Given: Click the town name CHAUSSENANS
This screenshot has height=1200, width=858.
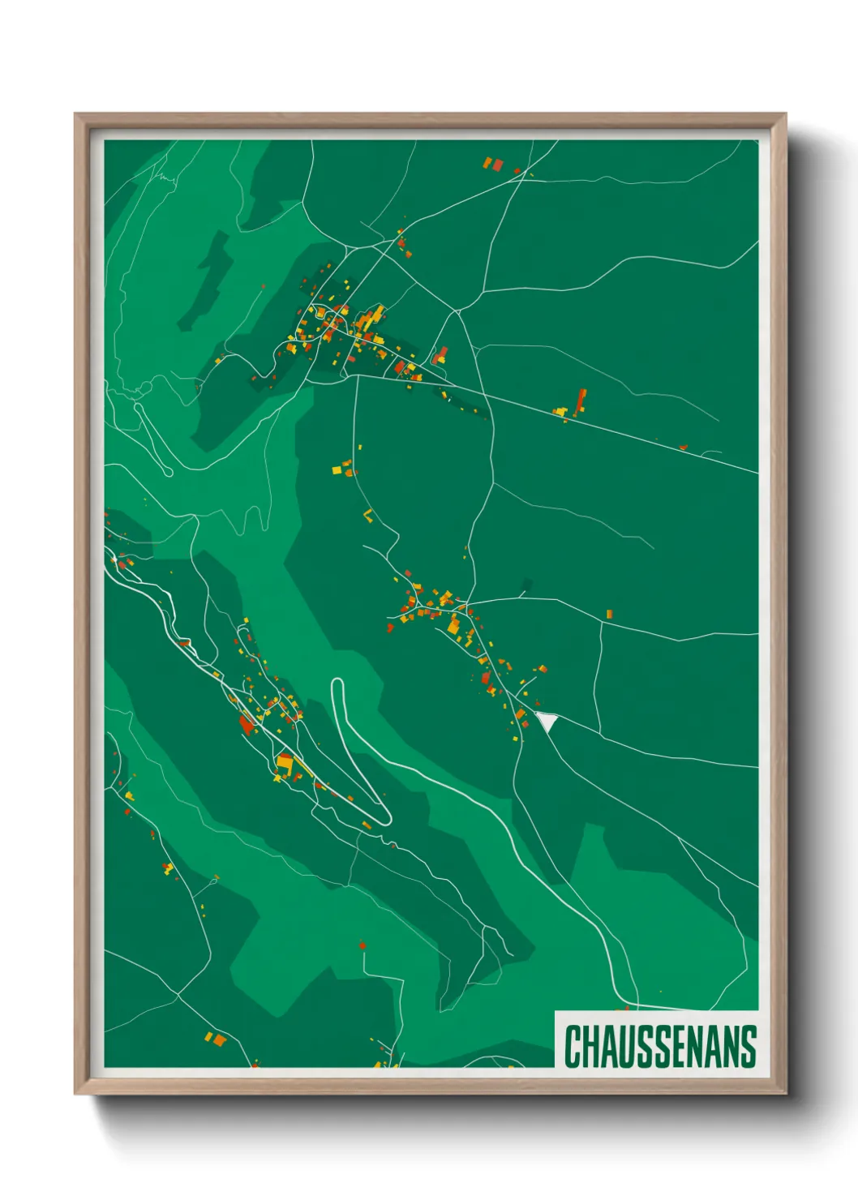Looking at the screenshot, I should [x=660, y=1046].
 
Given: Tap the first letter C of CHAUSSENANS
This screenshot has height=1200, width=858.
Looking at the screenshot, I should [x=573, y=1046].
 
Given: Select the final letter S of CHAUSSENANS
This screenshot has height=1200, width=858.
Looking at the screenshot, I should [x=749, y=1046].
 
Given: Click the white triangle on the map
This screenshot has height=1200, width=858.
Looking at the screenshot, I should [x=547, y=720].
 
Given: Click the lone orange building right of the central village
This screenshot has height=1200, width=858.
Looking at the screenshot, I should [x=609, y=615].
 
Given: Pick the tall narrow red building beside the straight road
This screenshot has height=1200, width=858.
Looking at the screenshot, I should [x=581, y=401].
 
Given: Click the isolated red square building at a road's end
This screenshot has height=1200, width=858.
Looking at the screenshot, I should [x=363, y=945].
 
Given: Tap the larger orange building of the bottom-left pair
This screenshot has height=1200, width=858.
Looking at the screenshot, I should [x=218, y=1039].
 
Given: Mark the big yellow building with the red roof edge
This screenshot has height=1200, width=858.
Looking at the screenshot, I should [x=285, y=763].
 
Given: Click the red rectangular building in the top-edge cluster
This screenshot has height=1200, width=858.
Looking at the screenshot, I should [x=497, y=165].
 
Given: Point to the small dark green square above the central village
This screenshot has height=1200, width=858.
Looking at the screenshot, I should [x=528, y=584].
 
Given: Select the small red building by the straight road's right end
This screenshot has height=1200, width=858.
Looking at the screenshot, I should [x=683, y=446].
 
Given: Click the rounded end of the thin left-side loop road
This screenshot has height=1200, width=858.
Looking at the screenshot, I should [x=168, y=472].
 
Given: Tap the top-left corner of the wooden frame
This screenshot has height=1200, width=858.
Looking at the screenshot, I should [x=75, y=114].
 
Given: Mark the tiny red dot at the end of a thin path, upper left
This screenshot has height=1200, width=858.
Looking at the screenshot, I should [x=263, y=285].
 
